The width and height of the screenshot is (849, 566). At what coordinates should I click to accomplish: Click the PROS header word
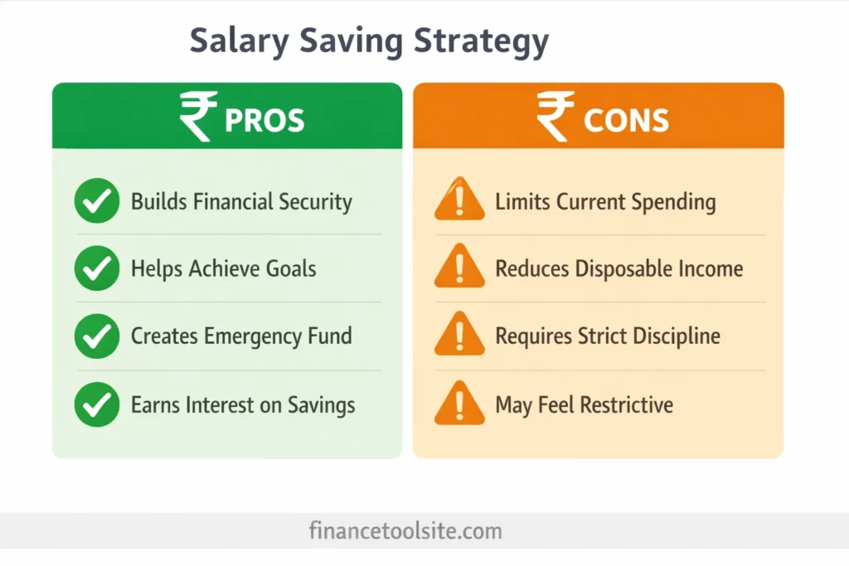click(x=264, y=120)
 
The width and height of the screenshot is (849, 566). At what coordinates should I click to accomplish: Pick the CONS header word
click(x=626, y=120)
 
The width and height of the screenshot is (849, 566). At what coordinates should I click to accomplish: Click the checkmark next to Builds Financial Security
click(x=97, y=201)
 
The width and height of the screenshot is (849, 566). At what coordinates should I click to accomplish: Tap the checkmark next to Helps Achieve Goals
click(x=97, y=268)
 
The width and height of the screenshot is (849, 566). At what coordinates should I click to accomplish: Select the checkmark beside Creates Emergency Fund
click(x=97, y=336)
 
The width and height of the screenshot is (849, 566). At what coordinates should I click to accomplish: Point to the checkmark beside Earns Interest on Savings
click(x=97, y=404)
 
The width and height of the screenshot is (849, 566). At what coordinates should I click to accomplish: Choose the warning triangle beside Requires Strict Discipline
click(x=459, y=336)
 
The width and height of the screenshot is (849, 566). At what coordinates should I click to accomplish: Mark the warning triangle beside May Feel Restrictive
click(x=459, y=404)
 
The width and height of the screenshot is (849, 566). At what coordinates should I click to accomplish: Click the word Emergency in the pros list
click(x=254, y=336)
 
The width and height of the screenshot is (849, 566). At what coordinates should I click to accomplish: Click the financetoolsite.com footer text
click(x=405, y=530)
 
